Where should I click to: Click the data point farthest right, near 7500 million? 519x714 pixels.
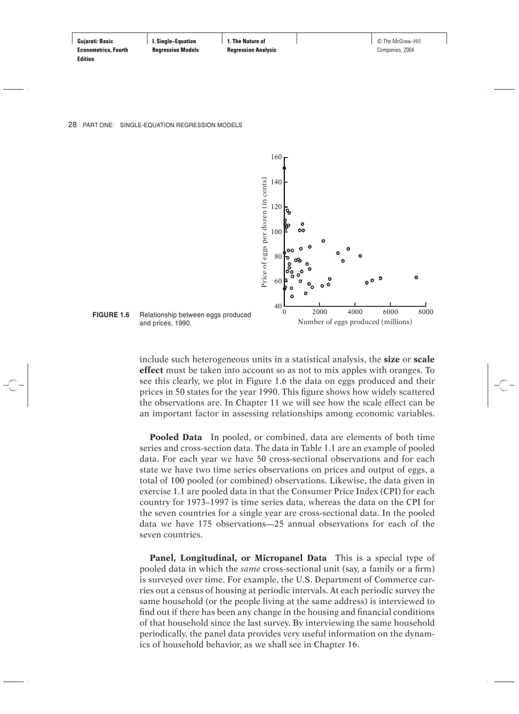[416, 277]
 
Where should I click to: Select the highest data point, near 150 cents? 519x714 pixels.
[284, 168]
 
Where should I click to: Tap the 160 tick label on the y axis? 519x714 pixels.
[276, 156]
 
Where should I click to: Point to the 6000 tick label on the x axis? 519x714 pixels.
[390, 312]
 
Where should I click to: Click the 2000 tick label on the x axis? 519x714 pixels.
[319, 312]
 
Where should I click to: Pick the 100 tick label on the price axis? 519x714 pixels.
[276, 231]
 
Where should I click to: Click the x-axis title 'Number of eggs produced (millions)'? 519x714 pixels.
[354, 322]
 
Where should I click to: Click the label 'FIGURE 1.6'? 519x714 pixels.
[111, 315]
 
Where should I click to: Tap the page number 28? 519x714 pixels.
[73, 125]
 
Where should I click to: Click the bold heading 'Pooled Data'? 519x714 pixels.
[176, 437]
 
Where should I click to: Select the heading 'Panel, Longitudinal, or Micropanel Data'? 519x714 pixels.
[238, 558]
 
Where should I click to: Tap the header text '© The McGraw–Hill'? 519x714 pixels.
[399, 41]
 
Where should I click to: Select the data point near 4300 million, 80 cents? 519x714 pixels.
[360, 256]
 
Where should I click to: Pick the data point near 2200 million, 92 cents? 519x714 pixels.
[323, 241]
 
